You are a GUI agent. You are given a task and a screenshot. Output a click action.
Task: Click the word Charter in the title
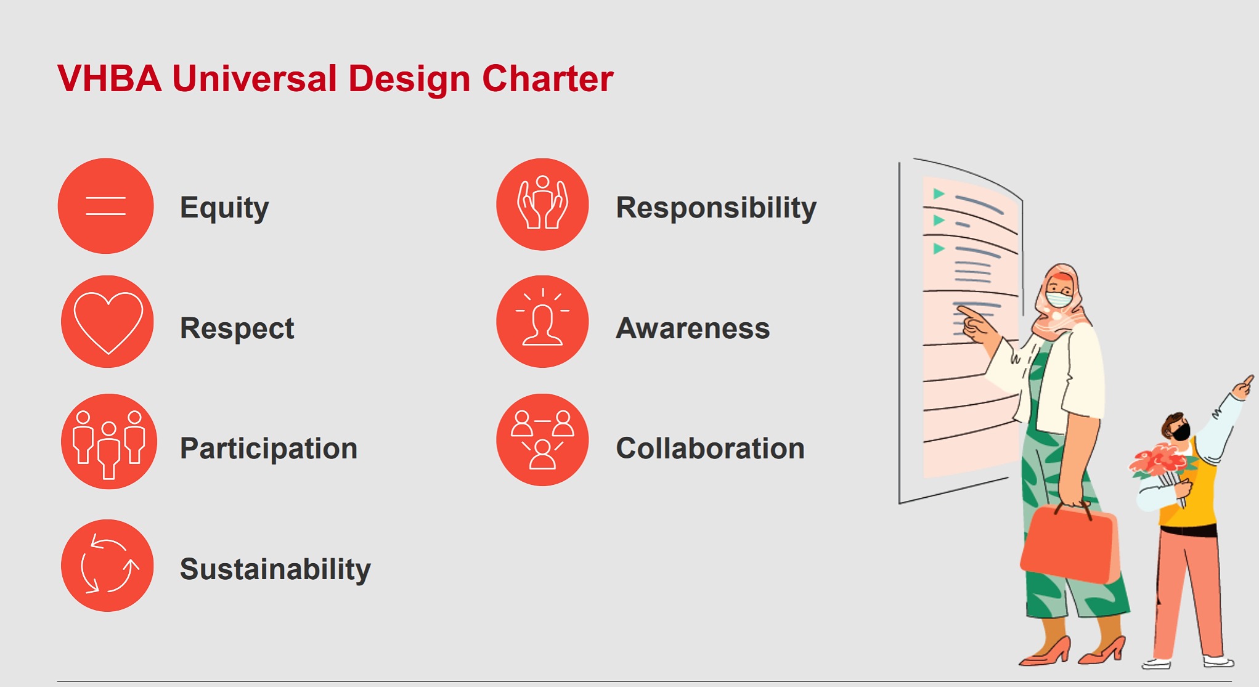pos(547,79)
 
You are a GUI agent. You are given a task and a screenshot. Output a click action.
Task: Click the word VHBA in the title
pos(110,79)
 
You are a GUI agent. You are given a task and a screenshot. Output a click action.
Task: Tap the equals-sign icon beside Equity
pos(106,206)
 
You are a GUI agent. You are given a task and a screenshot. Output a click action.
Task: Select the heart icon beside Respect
pos(107,322)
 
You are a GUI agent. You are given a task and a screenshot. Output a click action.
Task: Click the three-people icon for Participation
pos(108,442)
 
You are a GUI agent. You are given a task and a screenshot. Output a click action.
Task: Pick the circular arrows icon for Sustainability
pos(107,566)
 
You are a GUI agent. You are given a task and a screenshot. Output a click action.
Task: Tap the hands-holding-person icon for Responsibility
pos(542,205)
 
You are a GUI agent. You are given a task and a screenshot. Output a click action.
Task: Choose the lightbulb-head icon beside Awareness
pos(542,322)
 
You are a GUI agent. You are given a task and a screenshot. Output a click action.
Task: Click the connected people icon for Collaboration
pos(542,440)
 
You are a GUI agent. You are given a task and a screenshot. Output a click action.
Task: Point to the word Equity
pos(224,208)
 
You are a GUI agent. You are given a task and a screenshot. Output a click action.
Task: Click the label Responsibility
pos(716,208)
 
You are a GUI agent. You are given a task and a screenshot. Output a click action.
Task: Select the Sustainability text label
pos(275,569)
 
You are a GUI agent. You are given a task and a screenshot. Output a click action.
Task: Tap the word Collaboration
pos(711,449)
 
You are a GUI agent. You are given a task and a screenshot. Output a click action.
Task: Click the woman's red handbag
pos(1070,542)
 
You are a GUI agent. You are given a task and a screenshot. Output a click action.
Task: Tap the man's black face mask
pos(1181,432)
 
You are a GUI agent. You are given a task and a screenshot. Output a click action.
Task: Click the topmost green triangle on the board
pos(939,194)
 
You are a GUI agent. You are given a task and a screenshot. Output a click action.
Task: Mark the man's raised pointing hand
pos(1243,387)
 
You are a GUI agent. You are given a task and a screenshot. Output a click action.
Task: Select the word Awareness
pos(693,328)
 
